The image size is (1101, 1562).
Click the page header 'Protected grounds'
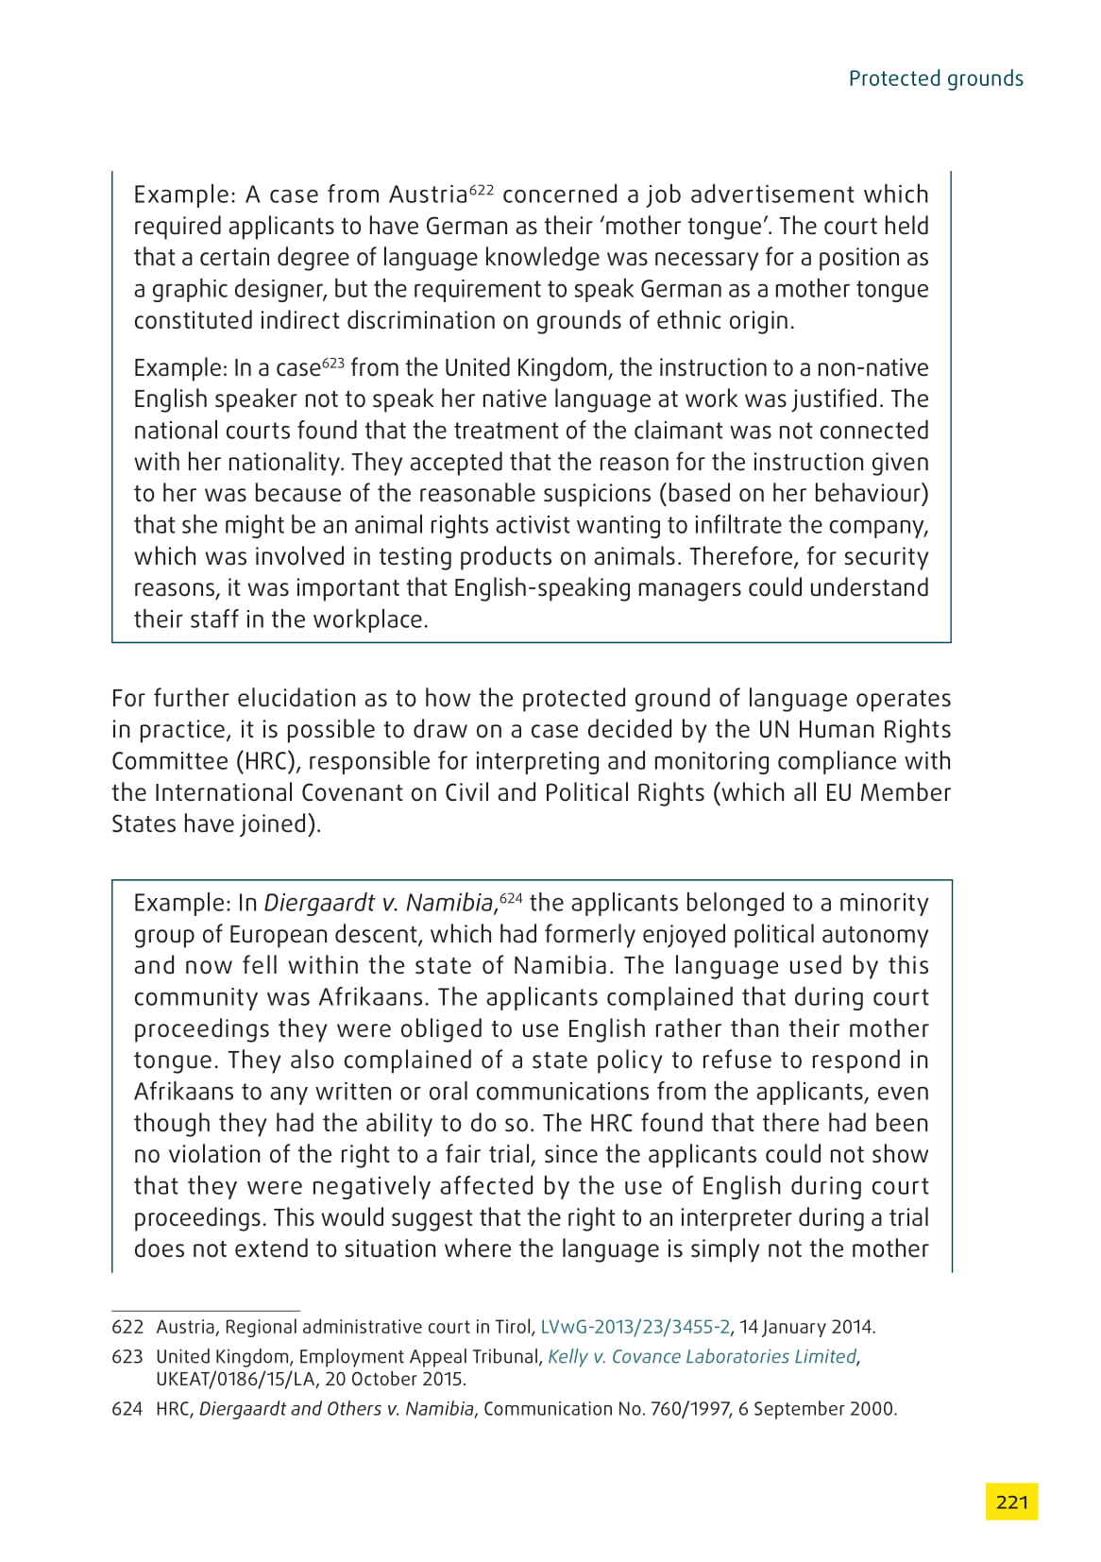935,78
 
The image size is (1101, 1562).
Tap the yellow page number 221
1011,1501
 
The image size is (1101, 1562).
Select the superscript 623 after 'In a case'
332,363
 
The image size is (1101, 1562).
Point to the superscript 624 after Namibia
511,898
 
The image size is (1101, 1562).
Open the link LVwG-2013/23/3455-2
635,1327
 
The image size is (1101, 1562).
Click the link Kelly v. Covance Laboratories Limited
702,1357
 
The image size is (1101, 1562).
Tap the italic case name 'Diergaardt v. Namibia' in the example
379,904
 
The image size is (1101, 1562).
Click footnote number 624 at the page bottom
127,1409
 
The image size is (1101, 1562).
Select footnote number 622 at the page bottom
127,1327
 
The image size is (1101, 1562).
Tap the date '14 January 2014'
806,1327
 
